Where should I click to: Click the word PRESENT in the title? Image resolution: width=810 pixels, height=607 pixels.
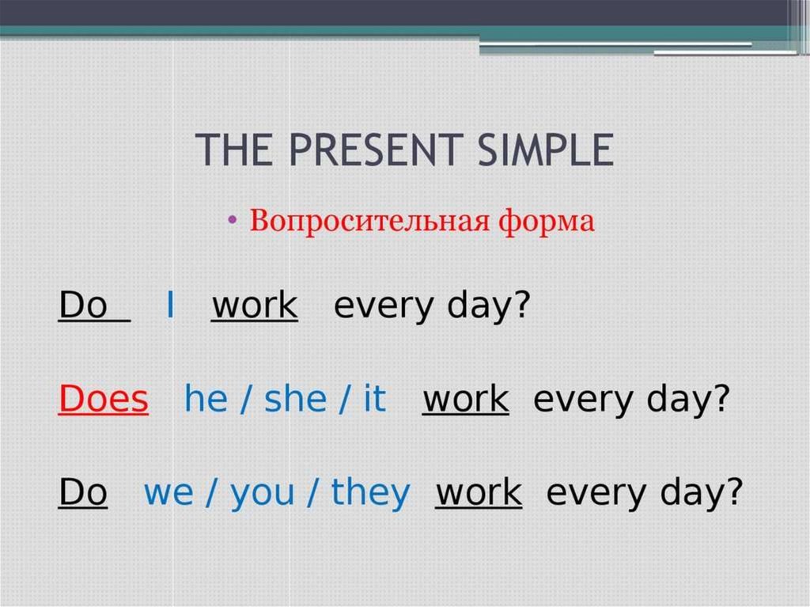373,150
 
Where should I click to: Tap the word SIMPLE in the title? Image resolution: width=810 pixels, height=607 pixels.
546,150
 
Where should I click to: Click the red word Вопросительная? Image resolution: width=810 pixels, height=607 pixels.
369,222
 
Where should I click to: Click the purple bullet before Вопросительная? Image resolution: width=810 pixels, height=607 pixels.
233,220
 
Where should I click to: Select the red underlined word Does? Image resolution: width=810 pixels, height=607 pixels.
104,399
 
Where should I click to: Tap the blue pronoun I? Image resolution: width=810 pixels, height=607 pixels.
170,305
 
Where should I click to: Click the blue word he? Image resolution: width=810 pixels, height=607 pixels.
206,399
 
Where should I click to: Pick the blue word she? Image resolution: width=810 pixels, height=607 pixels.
296,399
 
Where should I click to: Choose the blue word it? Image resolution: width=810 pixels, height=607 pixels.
374,399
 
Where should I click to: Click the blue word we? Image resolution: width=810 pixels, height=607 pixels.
168,493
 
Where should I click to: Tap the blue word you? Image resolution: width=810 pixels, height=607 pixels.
262,495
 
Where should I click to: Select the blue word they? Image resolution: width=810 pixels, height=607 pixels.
370,493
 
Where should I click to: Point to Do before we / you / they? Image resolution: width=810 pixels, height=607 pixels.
82,492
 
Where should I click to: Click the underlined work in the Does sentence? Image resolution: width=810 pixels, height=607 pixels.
465,399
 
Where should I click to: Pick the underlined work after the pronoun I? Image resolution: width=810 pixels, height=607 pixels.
254,305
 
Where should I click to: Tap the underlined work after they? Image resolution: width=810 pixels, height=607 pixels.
479,492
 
